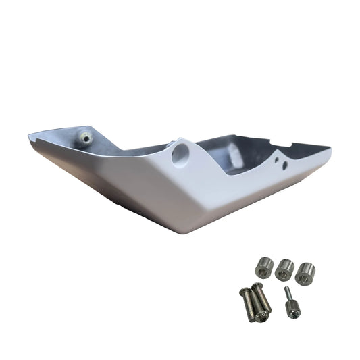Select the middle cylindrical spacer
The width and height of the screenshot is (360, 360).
click(284, 269)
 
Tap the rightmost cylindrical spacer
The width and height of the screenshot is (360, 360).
click(305, 272)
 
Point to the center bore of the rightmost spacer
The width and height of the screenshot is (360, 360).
click(306, 268)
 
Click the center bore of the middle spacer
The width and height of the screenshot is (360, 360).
click(284, 265)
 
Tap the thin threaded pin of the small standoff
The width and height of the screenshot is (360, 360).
click(288, 294)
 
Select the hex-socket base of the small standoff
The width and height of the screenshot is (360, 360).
click(292, 309)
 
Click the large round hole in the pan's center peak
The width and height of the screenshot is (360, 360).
click(180, 154)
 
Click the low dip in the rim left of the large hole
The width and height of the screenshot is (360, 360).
click(122, 151)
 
